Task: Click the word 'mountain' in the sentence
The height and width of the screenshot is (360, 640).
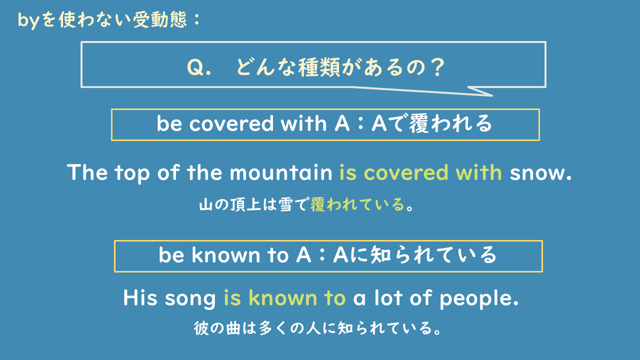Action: pos(281,173)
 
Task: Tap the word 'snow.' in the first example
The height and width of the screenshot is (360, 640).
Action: pos(540,173)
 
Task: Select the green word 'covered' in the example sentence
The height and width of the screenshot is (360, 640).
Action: pos(406,173)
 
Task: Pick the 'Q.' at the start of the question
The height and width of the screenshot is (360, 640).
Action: pos(198,67)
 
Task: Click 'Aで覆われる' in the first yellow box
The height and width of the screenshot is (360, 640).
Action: pos(432,124)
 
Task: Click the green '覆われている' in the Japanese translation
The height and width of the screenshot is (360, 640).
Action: pos(357,204)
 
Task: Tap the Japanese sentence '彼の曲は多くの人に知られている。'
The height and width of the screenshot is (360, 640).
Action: pos(319,328)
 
